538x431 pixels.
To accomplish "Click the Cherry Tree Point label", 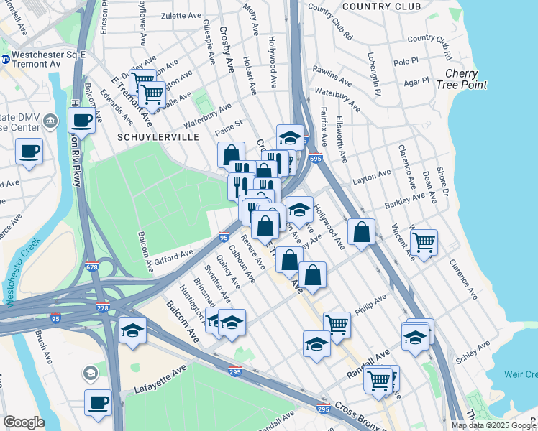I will (465, 79).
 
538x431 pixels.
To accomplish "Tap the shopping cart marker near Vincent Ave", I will (424, 241).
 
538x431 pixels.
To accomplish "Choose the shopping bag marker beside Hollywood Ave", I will (361, 232).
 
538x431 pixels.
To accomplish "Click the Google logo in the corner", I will (24, 422).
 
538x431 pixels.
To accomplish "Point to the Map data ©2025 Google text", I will (493, 425).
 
